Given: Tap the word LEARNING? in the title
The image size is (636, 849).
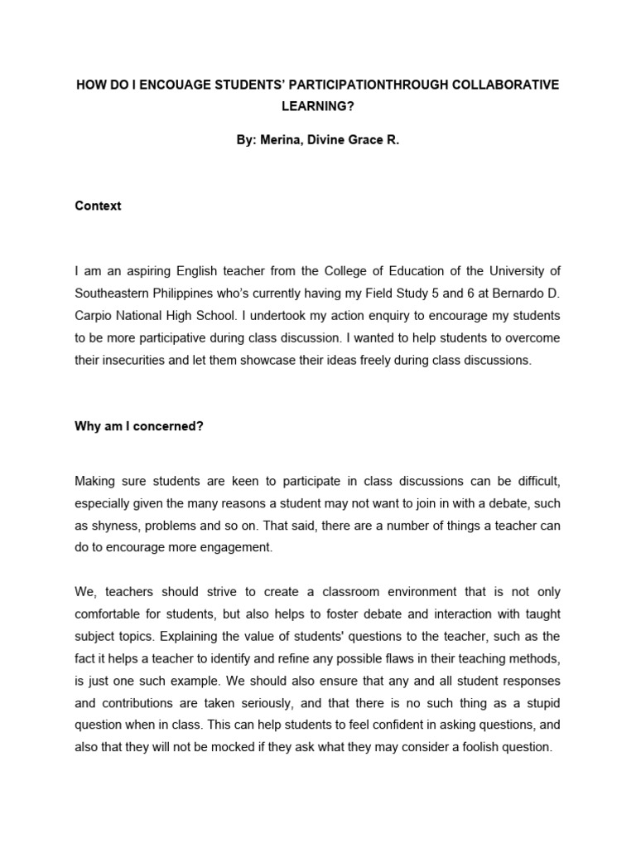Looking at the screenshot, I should tap(317, 107).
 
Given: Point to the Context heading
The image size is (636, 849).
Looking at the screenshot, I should tap(98, 206).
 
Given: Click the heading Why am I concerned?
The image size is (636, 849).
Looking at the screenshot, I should tap(139, 426).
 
